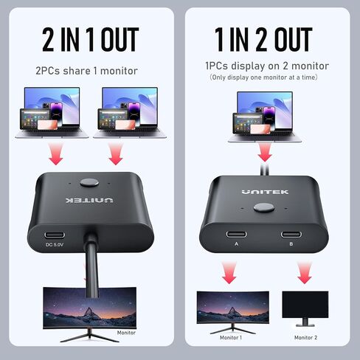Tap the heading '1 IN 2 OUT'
263,39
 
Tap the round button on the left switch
91,182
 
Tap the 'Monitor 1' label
230,338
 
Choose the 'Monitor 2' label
305,338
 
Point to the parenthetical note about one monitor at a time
263,77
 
